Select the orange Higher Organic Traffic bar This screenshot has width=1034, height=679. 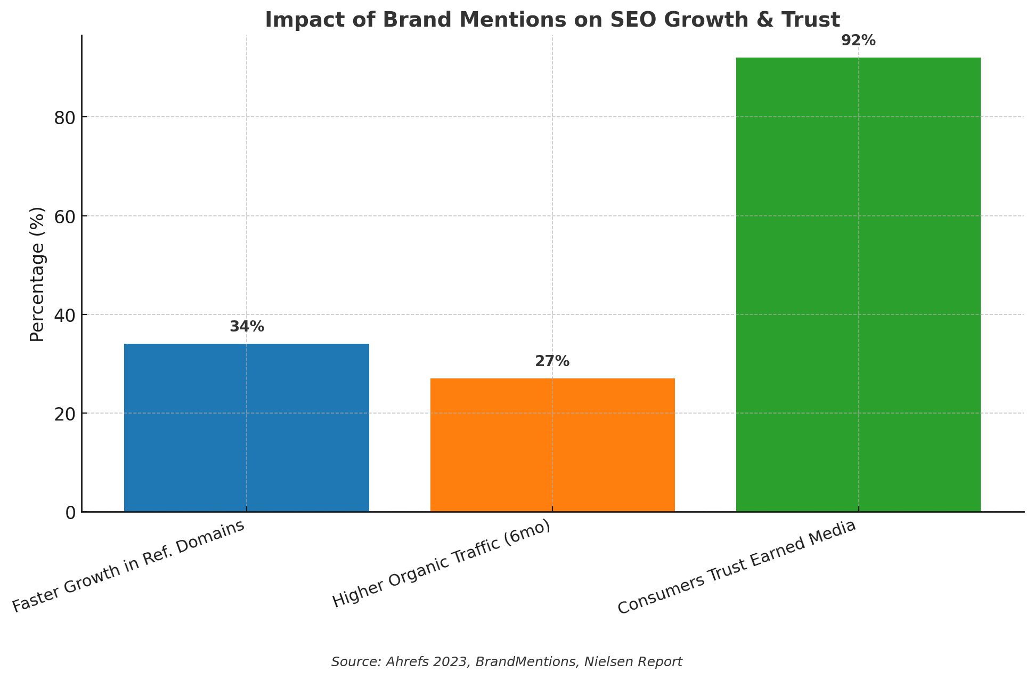[552, 445]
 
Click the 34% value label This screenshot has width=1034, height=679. [247, 327]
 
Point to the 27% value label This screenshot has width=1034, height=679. [552, 361]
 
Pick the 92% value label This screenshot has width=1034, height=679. [858, 41]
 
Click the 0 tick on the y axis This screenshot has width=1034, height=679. [70, 512]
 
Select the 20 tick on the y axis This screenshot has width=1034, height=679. [64, 414]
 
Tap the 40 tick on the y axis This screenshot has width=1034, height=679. [64, 315]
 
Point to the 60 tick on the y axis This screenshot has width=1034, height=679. [64, 216]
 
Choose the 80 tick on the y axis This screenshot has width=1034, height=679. [64, 117]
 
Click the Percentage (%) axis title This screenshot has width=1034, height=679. [37, 274]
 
